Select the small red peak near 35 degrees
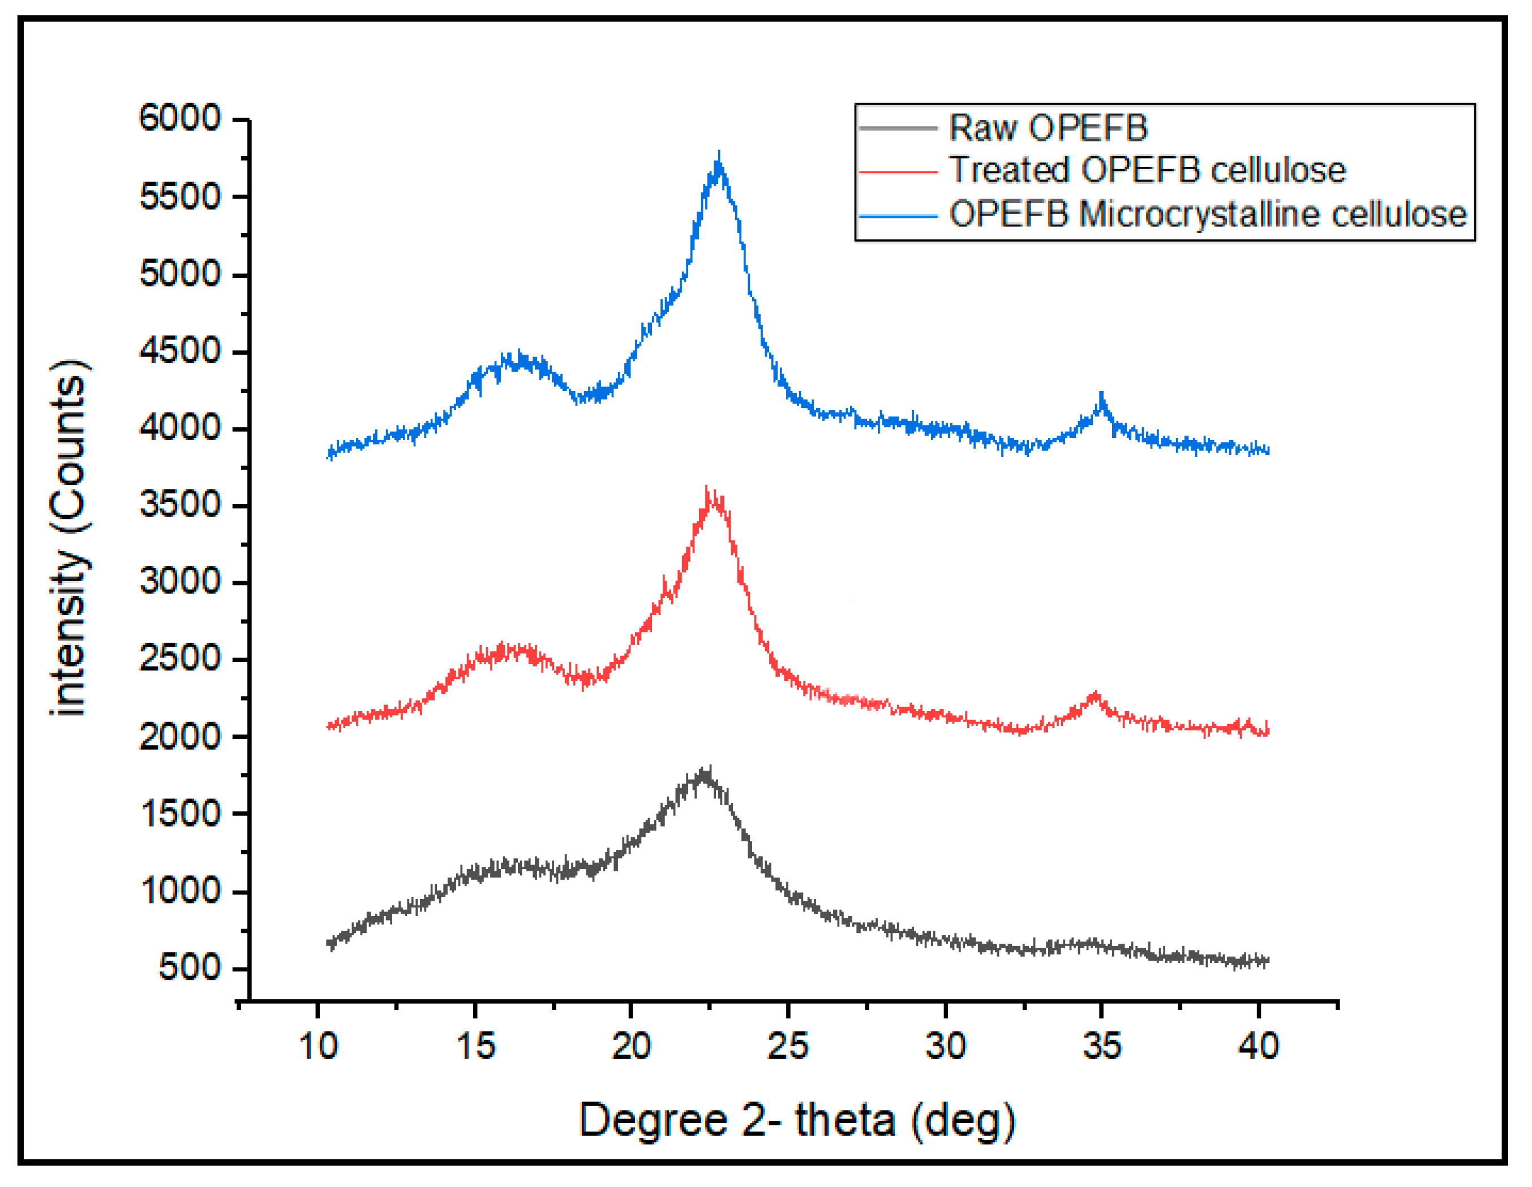pyautogui.click(x=1095, y=695)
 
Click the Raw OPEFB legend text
pyautogui.click(x=1048, y=128)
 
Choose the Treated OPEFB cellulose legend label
pyautogui.click(x=1147, y=170)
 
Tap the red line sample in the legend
pyautogui.click(x=898, y=172)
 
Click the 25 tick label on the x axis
pyautogui.click(x=788, y=1047)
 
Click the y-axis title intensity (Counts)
pyautogui.click(x=68, y=539)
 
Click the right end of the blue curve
pyautogui.click(x=1268, y=451)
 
